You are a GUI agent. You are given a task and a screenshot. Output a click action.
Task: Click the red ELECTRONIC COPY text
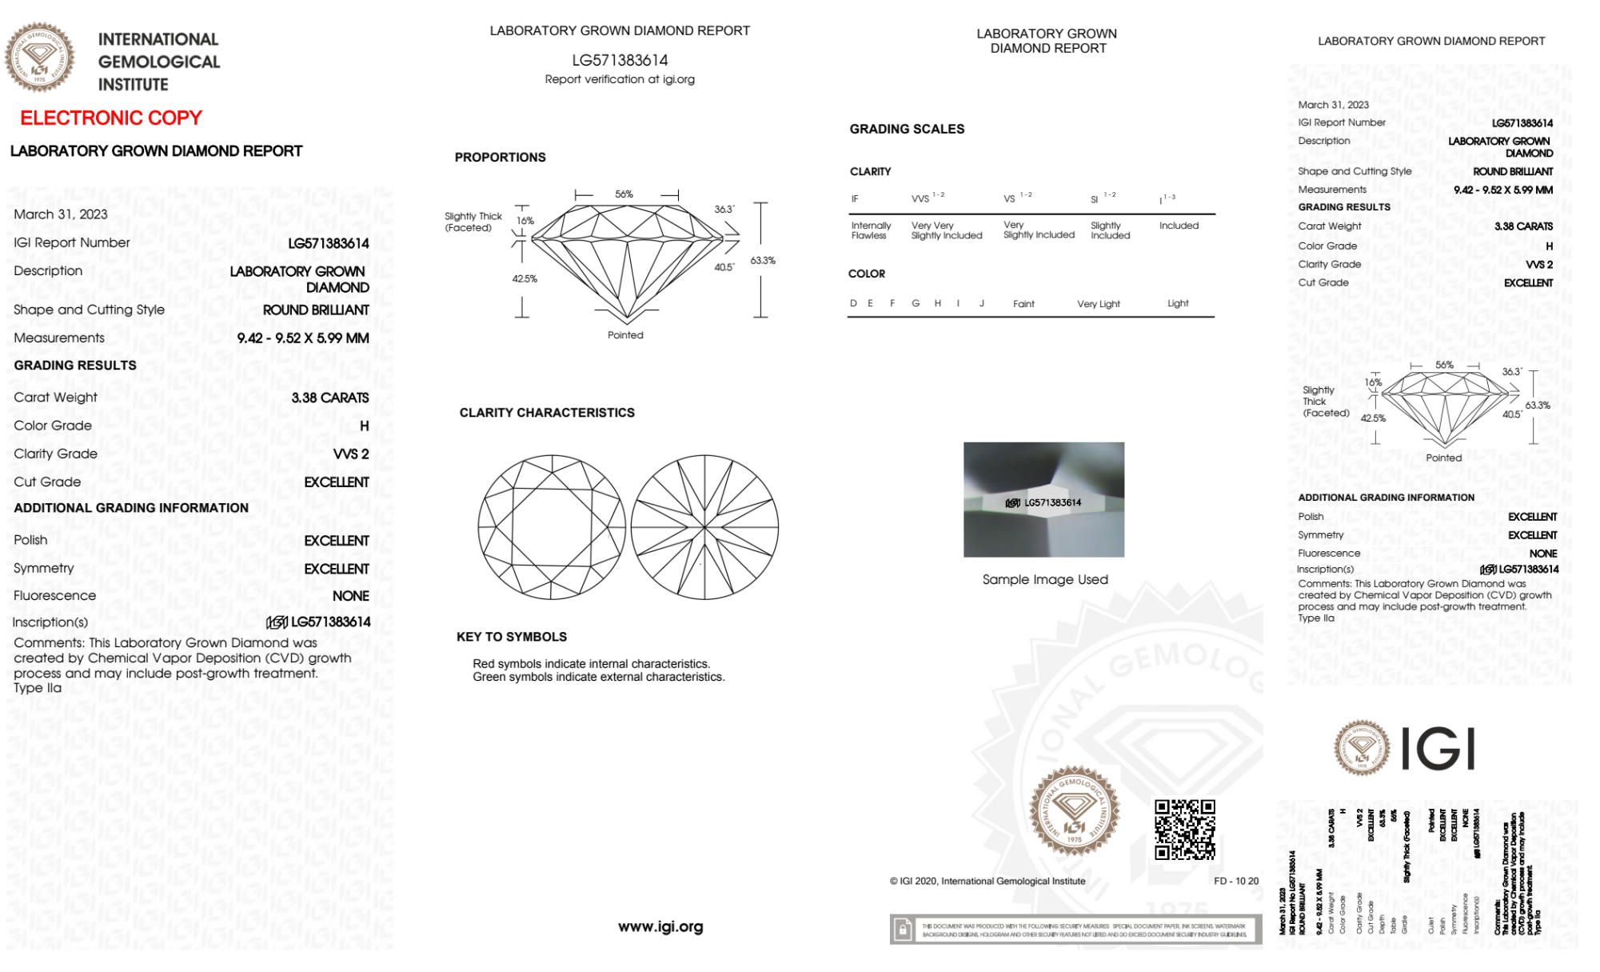[111, 118]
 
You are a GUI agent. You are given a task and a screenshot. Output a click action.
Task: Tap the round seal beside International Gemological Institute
[39, 58]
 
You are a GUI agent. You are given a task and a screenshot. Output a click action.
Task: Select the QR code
[1184, 829]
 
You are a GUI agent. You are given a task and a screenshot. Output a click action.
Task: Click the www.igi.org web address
[660, 926]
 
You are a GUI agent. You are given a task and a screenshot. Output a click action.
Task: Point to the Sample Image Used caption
[1045, 579]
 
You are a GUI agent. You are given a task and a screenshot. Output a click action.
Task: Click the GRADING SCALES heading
[907, 129]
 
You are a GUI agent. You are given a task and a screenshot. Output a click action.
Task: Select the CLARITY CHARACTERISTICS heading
[547, 413]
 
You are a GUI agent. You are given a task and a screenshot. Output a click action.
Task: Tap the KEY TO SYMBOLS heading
[512, 637]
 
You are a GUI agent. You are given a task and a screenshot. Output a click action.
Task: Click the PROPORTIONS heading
[501, 158]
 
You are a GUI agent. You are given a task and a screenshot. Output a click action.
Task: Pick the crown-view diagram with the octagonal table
[552, 527]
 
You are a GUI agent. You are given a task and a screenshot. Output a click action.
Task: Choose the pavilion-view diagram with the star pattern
[704, 527]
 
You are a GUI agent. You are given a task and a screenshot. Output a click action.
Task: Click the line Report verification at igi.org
[620, 79]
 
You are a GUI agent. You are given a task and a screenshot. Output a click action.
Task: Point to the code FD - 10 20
[1235, 881]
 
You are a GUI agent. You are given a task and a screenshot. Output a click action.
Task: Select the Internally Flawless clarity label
[871, 230]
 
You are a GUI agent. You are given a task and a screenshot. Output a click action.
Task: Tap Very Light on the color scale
[1098, 304]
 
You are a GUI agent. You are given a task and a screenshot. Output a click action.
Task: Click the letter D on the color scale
[853, 303]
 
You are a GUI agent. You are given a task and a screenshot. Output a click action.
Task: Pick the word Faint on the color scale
[1023, 304]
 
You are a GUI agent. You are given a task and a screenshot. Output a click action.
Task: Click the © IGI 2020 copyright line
[988, 881]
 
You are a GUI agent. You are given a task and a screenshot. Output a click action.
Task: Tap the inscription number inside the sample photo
[1052, 502]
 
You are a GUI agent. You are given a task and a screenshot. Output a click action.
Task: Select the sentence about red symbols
[591, 664]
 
